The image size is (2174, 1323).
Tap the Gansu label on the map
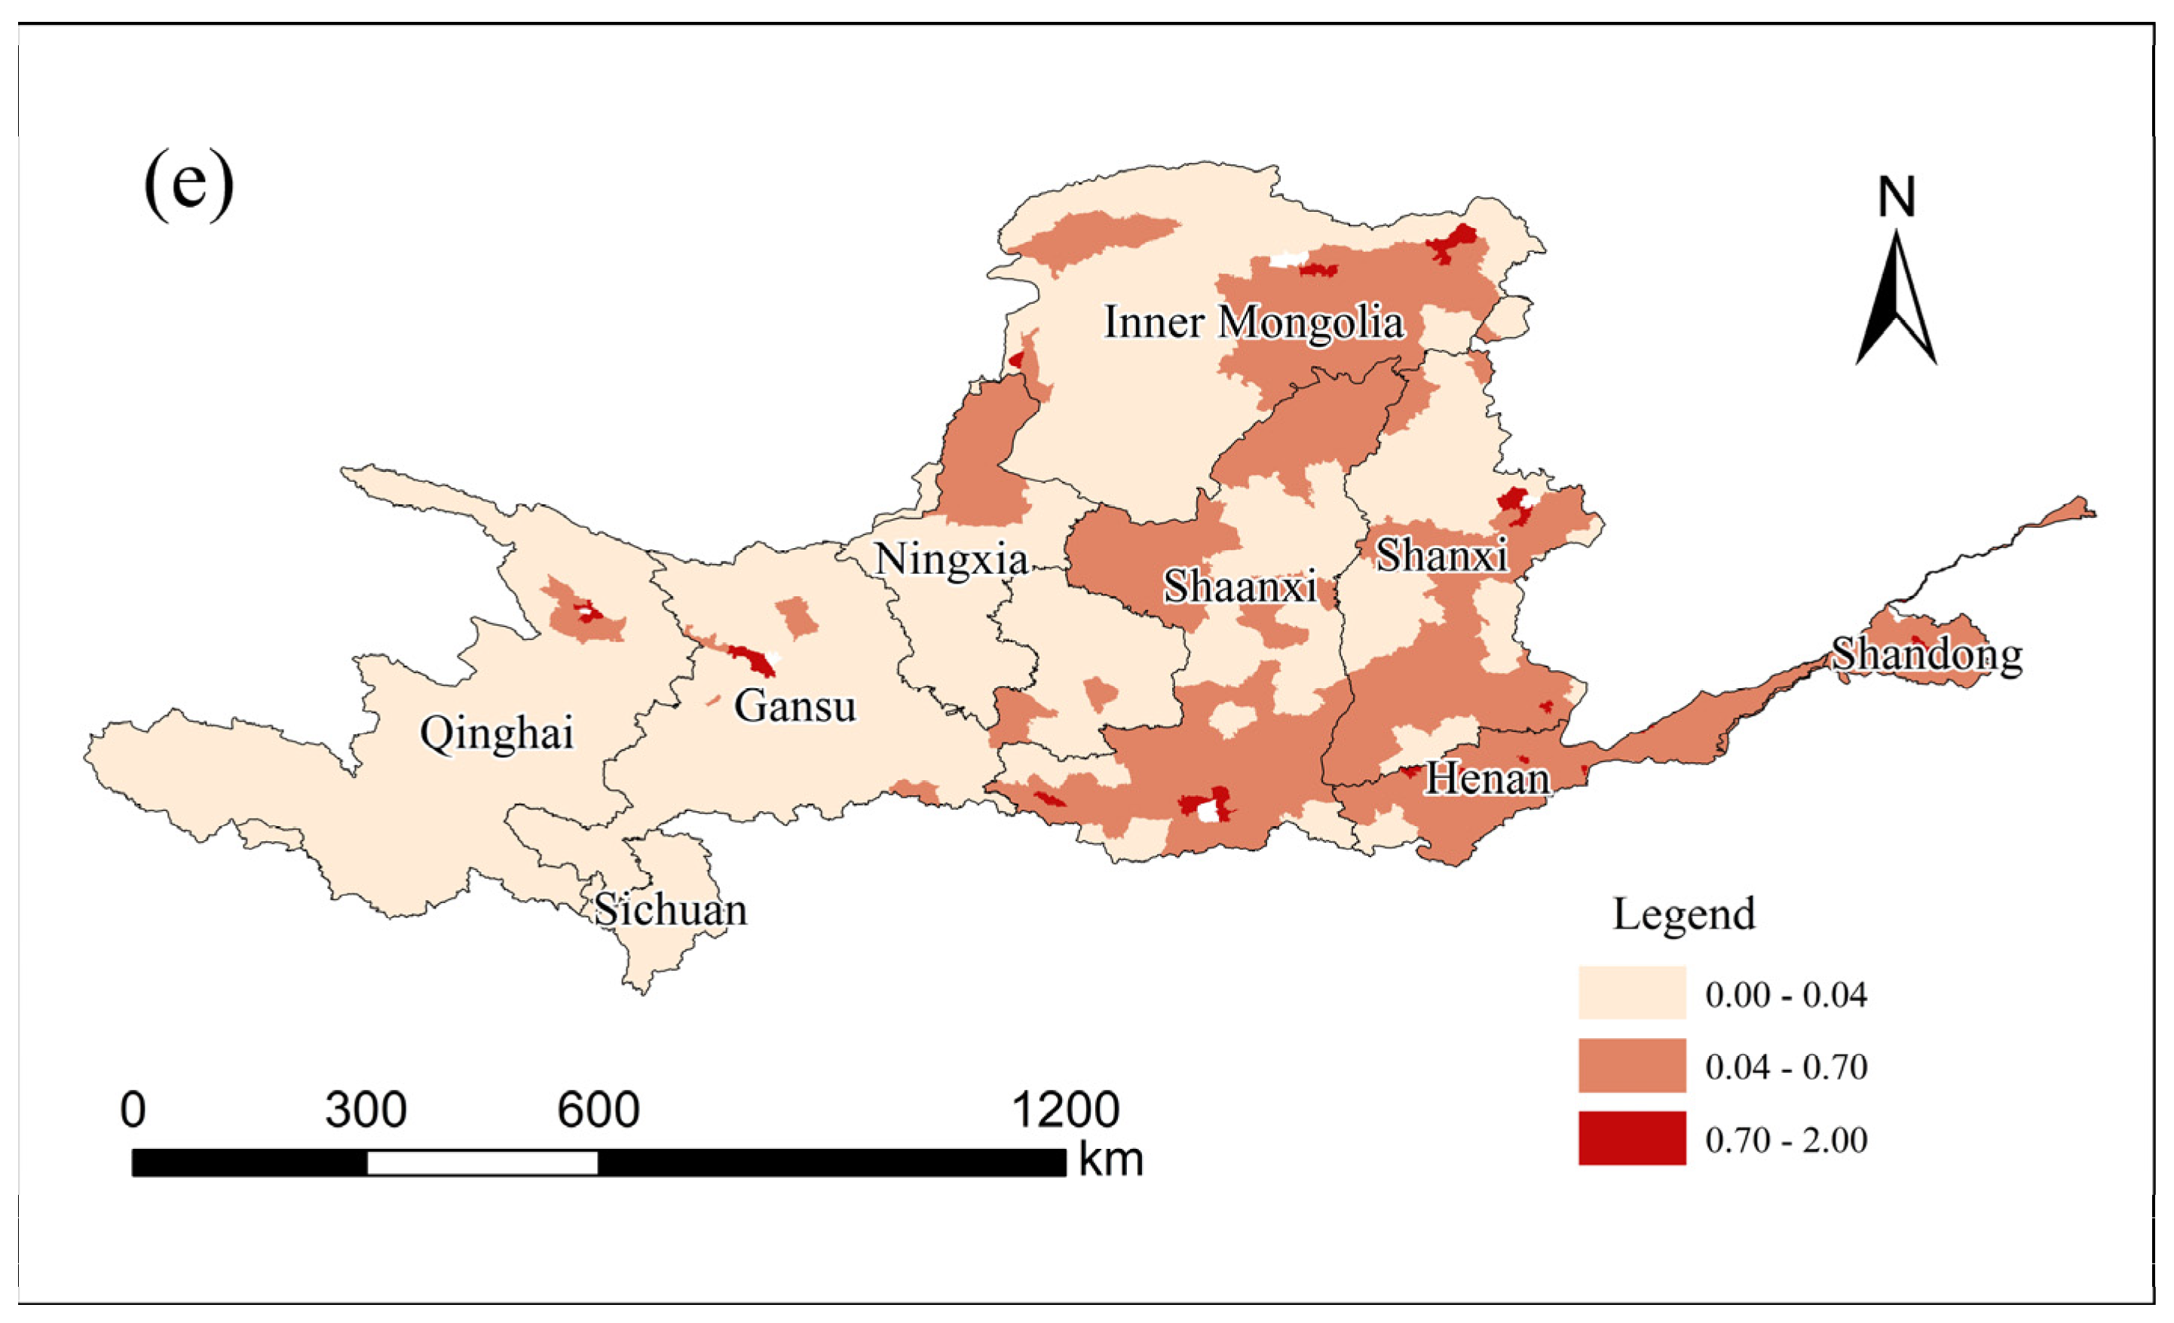[x=795, y=706]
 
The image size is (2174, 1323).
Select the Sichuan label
[x=671, y=910]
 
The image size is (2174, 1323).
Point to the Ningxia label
[x=951, y=559]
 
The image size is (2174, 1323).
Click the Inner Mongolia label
[x=1253, y=322]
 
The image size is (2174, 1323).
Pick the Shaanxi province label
[x=1239, y=586]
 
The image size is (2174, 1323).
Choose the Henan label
[x=1487, y=779]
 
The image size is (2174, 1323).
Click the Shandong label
[x=1927, y=655]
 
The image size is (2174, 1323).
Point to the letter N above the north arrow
[x=1896, y=198]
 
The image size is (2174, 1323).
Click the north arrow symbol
[x=1896, y=300]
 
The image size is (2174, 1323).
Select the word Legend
[x=1683, y=914]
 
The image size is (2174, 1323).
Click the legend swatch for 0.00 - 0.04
[x=1631, y=993]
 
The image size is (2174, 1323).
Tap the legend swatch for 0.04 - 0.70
[x=1631, y=1065]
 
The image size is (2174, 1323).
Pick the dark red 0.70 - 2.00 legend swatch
[x=1631, y=1138]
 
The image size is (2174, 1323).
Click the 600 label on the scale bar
[x=597, y=1110]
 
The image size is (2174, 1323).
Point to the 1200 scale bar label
[x=1065, y=1110]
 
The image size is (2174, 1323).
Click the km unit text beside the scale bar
[x=1110, y=1159]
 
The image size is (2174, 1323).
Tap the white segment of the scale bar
[x=482, y=1163]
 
